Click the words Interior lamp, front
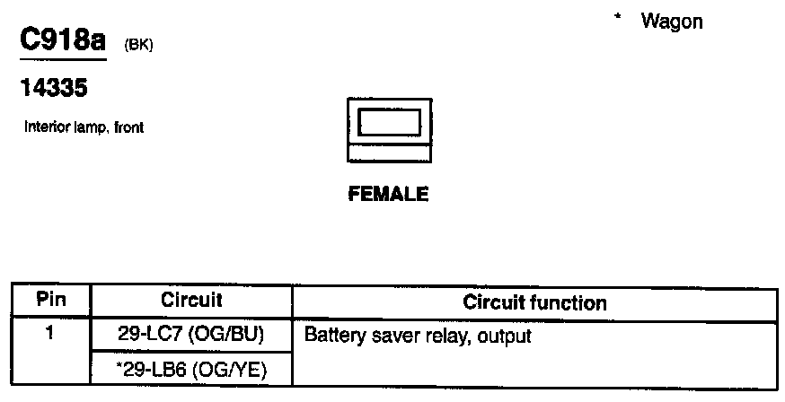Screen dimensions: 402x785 click(84, 127)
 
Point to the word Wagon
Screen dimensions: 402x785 click(672, 22)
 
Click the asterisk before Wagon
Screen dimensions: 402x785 click(618, 18)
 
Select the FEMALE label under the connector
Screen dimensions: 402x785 click(388, 194)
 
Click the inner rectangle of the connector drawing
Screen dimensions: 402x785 click(390, 121)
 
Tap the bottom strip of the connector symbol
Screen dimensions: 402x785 click(390, 154)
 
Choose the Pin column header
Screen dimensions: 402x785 click(51, 301)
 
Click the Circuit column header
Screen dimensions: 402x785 click(191, 301)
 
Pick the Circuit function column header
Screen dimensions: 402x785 click(534, 302)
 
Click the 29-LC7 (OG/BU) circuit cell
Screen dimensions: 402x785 click(191, 336)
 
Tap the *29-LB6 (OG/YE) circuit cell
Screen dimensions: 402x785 click(191, 370)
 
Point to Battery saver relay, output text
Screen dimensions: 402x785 click(419, 337)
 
